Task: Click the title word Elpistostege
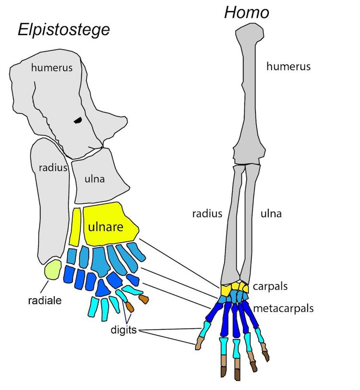tap(64, 30)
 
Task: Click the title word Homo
tap(247, 12)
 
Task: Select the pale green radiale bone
tap(52, 270)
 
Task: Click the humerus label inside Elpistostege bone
tap(52, 68)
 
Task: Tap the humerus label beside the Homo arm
tap(288, 66)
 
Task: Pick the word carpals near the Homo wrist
tap(272, 286)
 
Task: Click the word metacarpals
tap(285, 308)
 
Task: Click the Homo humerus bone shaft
tap(248, 96)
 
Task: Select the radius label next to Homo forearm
tap(207, 214)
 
